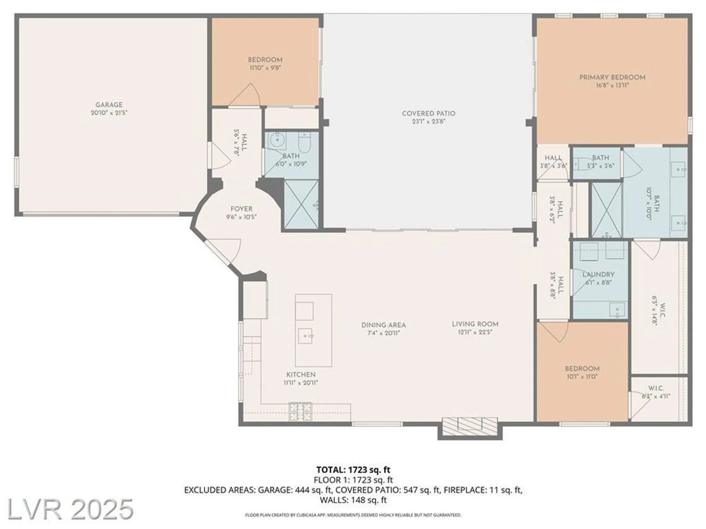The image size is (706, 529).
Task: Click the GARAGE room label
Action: [109, 105]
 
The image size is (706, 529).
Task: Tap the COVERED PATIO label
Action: [429, 114]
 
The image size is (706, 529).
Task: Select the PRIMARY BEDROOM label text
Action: [612, 77]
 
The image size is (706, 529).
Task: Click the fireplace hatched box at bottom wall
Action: [470, 426]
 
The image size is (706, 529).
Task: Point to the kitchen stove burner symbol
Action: [300, 412]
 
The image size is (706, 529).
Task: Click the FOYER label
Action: [241, 209]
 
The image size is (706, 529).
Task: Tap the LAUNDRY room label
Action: [598, 274]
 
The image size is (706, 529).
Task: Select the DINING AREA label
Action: [383, 325]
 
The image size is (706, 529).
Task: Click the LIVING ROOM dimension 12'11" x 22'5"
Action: [475, 332]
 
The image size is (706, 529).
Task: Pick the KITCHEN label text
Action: [301, 375]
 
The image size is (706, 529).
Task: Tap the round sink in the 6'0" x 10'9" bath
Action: [276, 141]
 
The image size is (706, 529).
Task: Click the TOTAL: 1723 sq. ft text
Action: [353, 470]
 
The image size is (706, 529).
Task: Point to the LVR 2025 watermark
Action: [70, 509]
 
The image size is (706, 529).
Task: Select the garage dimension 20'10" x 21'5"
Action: [109, 113]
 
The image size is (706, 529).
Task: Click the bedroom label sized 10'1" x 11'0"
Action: [582, 369]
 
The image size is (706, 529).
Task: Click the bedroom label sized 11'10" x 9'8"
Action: [265, 60]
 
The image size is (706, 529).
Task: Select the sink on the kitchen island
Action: [305, 336]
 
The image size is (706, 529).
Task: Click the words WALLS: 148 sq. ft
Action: [353, 500]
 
